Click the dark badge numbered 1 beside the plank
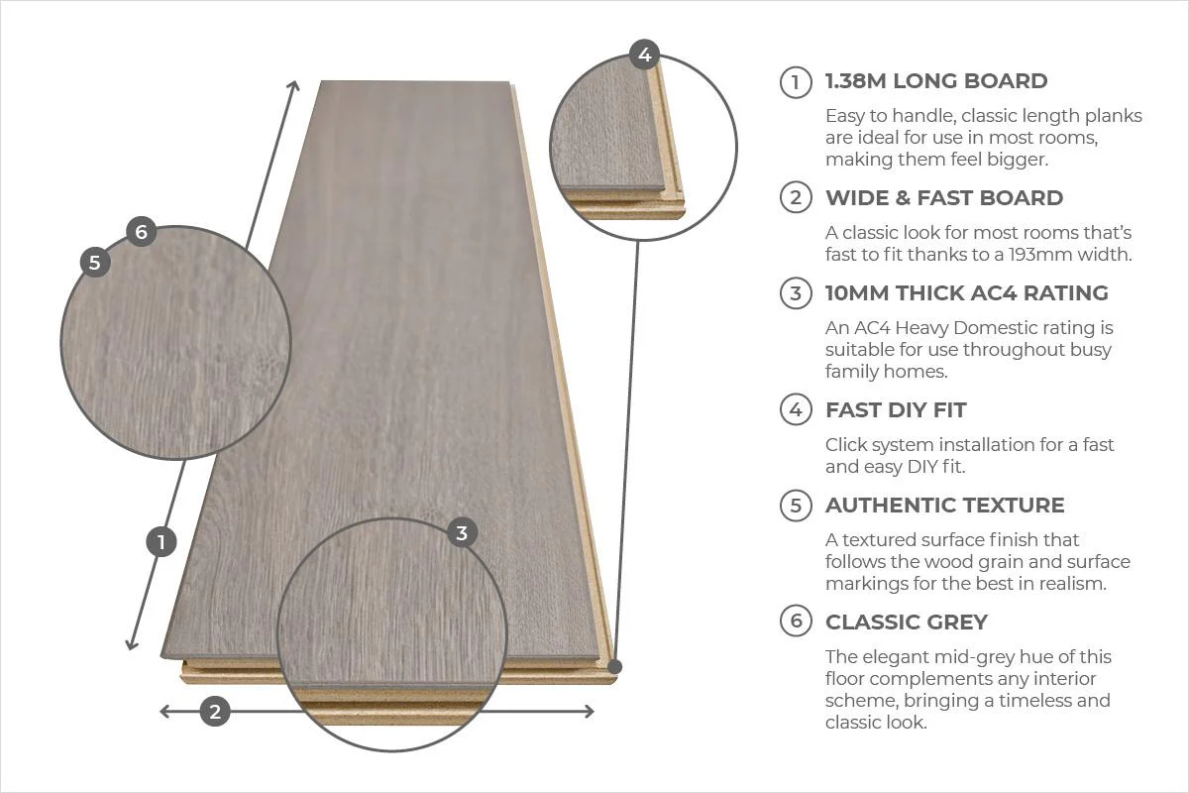[161, 541]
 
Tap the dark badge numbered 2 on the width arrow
[216, 711]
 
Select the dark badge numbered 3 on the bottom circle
[462, 532]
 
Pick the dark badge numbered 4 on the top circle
[645, 55]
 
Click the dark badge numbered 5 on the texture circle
[95, 263]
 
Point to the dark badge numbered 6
[142, 232]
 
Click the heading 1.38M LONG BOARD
[936, 81]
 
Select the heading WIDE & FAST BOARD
[943, 198]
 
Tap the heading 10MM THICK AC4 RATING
[966, 293]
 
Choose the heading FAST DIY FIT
[896, 410]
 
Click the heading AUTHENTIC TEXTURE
[944, 506]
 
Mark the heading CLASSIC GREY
[906, 623]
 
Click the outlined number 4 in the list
[796, 410]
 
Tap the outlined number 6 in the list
[796, 623]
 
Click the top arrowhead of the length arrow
[293, 85]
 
